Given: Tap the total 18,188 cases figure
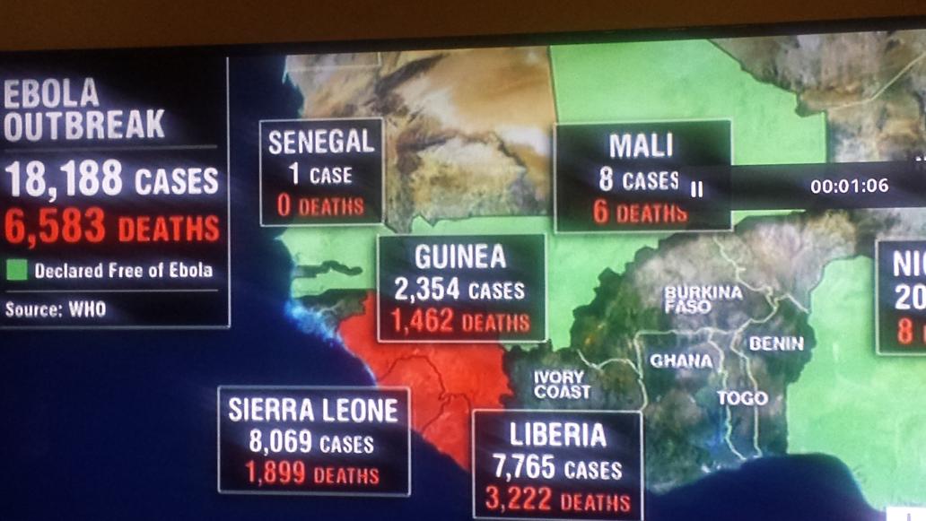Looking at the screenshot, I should (64, 180).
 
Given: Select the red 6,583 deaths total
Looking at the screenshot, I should (55, 228).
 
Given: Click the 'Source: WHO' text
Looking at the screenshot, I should (55, 309).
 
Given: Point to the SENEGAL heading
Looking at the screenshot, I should (320, 142).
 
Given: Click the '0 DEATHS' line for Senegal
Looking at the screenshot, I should (320, 206).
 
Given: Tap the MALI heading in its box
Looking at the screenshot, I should (640, 146).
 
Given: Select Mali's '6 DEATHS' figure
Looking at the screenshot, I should (640, 212).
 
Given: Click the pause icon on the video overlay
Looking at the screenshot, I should (697, 188).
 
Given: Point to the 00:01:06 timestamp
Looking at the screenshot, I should (848, 187).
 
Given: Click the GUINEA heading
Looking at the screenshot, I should (459, 258).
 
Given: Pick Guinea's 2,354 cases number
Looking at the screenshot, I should (427, 290).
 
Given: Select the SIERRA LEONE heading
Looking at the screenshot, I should (312, 411).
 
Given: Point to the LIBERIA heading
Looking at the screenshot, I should (557, 435).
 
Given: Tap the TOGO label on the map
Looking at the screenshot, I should (742, 397).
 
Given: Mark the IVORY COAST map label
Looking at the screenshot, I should (562, 385).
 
